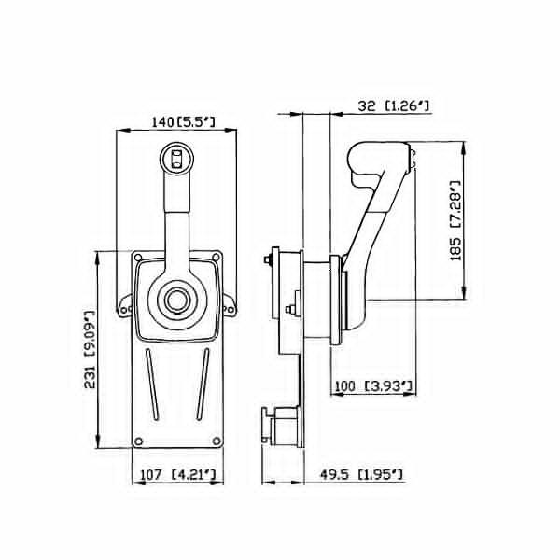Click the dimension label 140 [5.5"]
tap(184, 122)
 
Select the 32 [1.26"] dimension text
tap(393, 105)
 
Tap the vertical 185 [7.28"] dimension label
tap(455, 220)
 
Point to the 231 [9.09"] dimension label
tap(90, 349)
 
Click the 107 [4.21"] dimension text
tap(178, 475)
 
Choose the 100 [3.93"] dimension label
tap(373, 386)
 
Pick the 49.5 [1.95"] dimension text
tap(361, 475)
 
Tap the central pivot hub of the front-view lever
tap(176, 300)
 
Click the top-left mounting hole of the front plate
tap(138, 258)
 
